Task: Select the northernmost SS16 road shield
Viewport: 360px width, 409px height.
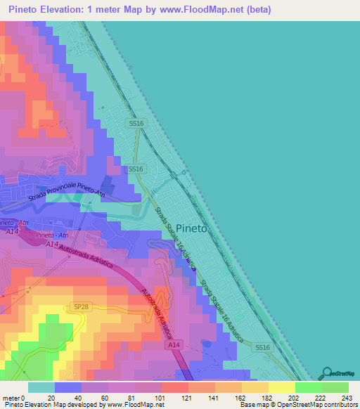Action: [x=136, y=124]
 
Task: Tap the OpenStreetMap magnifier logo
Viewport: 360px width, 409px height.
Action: [x=328, y=373]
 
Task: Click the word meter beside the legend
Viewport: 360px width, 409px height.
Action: [x=12, y=397]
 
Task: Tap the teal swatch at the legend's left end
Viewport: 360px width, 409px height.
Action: [x=41, y=387]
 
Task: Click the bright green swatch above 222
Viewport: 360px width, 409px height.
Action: [x=309, y=387]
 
